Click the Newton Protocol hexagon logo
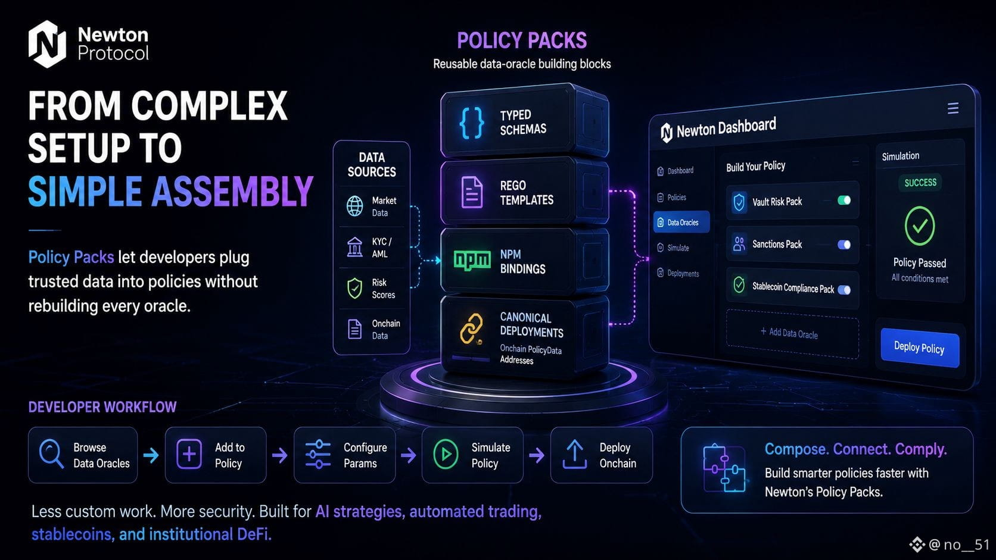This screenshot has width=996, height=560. [x=47, y=44]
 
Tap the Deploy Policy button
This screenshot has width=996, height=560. [x=920, y=348]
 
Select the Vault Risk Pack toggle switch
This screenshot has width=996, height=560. [x=844, y=201]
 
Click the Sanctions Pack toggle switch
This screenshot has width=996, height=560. [x=844, y=245]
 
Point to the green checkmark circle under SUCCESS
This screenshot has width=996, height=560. [x=920, y=226]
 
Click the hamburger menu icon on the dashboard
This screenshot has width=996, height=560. [x=953, y=108]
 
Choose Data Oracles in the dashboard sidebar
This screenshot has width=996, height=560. [x=681, y=222]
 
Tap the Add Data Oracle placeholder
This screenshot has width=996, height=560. [x=792, y=333]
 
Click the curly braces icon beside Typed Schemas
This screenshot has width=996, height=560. [x=471, y=123]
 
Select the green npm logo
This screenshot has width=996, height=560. [x=472, y=260]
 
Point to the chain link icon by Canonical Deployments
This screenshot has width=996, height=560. [x=471, y=329]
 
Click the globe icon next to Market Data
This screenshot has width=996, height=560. [x=354, y=207]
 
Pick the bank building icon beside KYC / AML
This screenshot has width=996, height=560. [x=354, y=247]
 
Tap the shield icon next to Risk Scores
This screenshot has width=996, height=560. [x=354, y=288]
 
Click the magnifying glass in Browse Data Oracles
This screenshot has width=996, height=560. [x=51, y=454]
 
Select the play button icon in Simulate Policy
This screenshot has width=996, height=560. [x=446, y=454]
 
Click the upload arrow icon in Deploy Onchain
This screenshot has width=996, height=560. [x=574, y=454]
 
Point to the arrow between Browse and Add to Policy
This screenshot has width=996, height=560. [x=151, y=455]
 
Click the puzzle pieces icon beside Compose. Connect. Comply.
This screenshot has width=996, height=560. [x=724, y=468]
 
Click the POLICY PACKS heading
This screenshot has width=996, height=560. [x=522, y=40]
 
